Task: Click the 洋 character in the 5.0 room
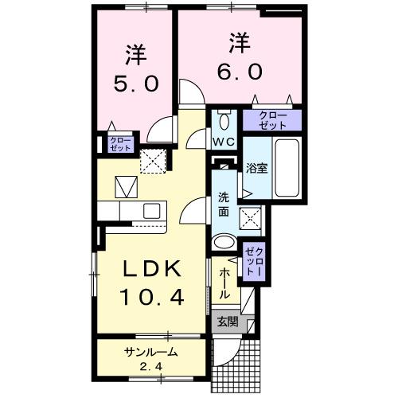134,56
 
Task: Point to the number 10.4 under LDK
152,298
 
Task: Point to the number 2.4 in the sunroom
150,366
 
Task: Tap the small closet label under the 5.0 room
119,144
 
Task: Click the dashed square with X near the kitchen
152,161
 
